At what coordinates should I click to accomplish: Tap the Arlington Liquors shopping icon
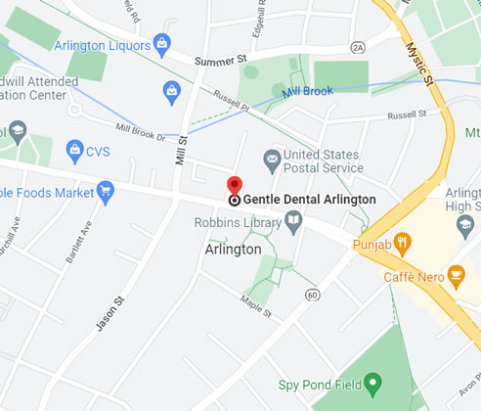162,41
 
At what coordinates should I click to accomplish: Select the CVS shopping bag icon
73,150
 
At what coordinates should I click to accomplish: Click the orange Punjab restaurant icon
402,245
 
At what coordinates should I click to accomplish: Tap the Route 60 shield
312,294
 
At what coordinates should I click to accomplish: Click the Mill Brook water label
307,91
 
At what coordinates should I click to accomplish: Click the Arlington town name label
233,250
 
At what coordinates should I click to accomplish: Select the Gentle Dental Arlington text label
309,200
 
